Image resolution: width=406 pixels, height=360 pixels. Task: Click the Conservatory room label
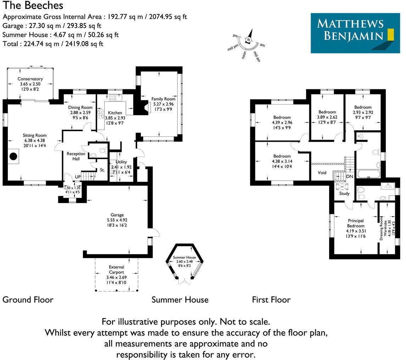pyautogui.click(x=30, y=79)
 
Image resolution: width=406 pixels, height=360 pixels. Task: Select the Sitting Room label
pyautogui.click(x=35, y=135)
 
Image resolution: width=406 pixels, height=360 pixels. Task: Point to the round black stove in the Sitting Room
pyautogui.click(x=14, y=156)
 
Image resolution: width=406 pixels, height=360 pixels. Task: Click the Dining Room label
pyautogui.click(x=80, y=107)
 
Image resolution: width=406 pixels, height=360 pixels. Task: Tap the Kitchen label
pyautogui.click(x=115, y=113)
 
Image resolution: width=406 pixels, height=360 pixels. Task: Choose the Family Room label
pyautogui.click(x=163, y=99)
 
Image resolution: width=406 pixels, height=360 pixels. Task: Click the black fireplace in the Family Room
pyautogui.click(x=144, y=108)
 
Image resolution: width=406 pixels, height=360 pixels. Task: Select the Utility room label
pyautogui.click(x=121, y=162)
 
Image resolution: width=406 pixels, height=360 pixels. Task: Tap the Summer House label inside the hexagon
pyautogui.click(x=184, y=258)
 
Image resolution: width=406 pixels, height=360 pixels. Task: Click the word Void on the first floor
pyautogui.click(x=322, y=173)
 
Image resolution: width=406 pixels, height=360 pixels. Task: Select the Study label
pyautogui.click(x=344, y=193)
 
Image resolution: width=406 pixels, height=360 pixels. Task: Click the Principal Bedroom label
pyautogui.click(x=356, y=223)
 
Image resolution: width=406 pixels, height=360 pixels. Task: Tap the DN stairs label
pyautogui.click(x=350, y=176)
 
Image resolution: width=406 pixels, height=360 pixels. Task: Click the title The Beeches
pyautogui.click(x=33, y=6)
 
